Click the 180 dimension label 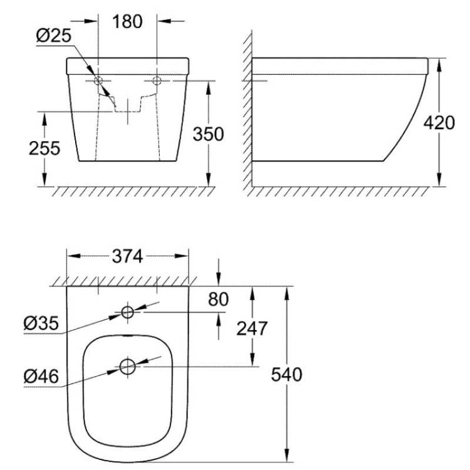click(x=127, y=21)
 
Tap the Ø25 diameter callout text click(x=54, y=36)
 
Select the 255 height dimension click(x=44, y=148)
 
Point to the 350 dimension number click(x=208, y=134)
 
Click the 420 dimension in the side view click(x=439, y=123)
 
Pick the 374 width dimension click(x=127, y=256)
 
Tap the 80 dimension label click(x=218, y=299)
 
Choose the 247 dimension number click(x=252, y=328)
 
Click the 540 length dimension click(x=286, y=375)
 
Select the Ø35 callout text click(x=41, y=323)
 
